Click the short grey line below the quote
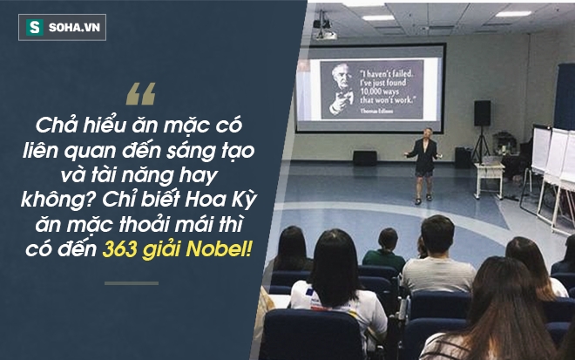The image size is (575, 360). click(x=132, y=282)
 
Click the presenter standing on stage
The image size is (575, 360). click(x=424, y=165)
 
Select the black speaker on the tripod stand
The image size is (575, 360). click(x=482, y=113)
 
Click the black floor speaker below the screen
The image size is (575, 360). click(x=365, y=158)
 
